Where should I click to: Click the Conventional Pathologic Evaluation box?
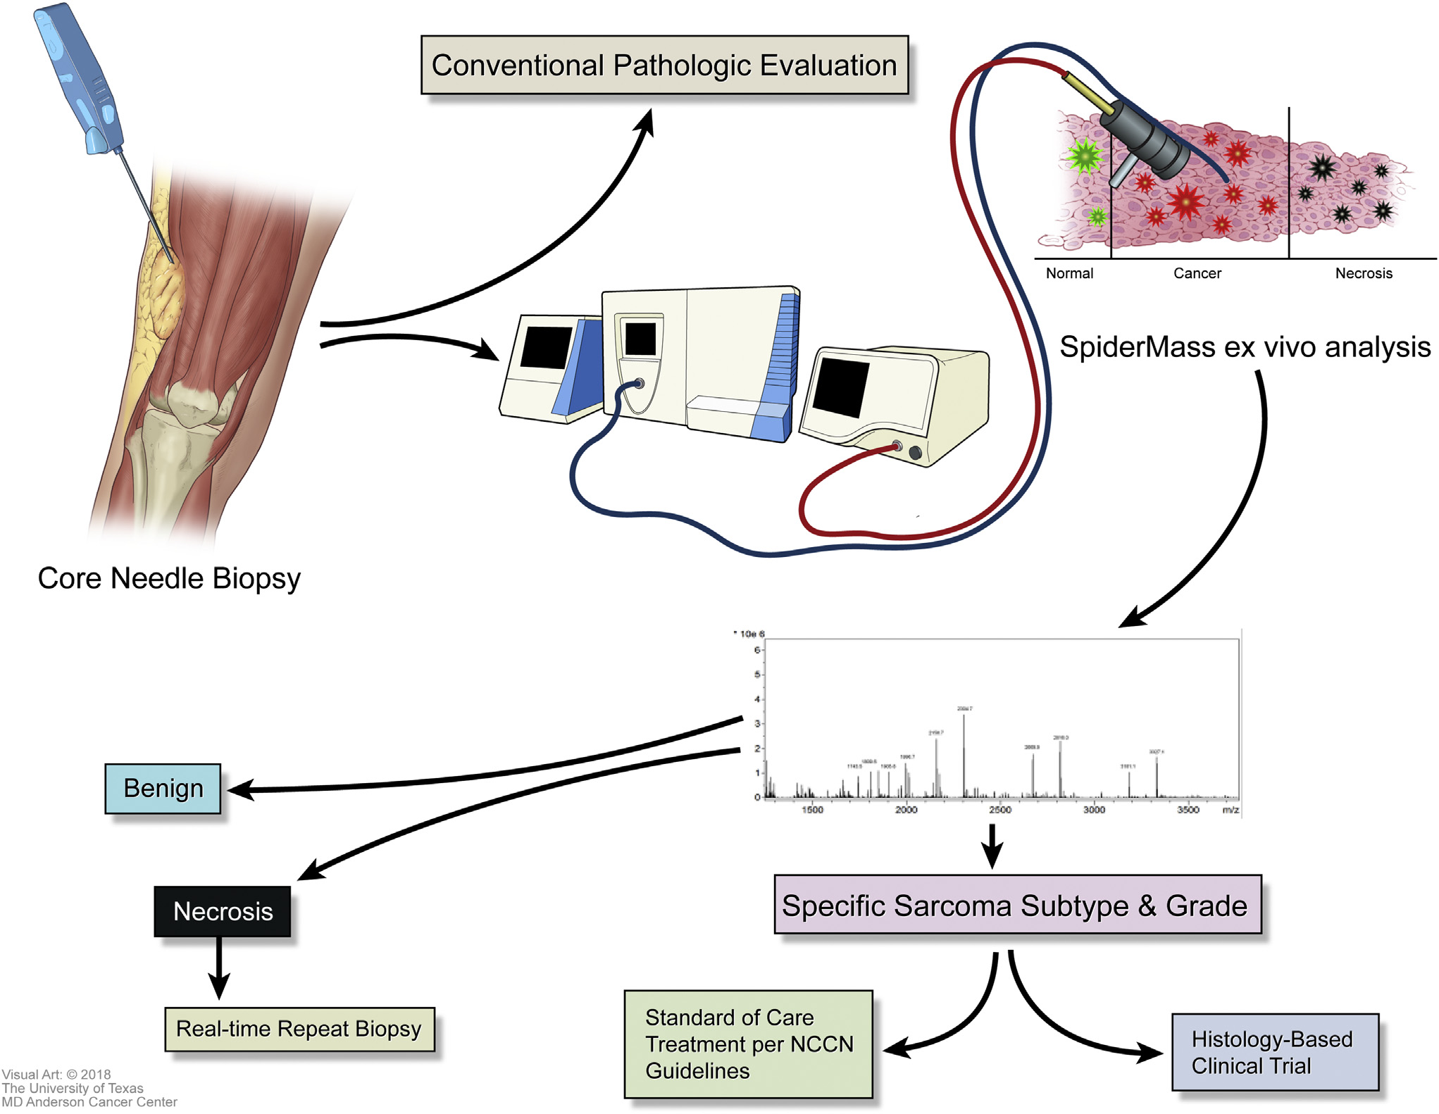coord(664,65)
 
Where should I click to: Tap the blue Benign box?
coord(163,789)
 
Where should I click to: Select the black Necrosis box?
coord(223,911)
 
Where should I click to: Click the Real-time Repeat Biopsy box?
coord(299,1029)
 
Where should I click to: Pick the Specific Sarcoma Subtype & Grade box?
coord(1016,906)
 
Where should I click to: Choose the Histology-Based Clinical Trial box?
coord(1274,1053)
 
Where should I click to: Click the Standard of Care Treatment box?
coord(748,1044)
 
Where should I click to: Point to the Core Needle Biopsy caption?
coord(169,579)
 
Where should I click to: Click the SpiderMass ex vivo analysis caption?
coord(1245,347)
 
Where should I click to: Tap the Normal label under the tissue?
coord(1069,273)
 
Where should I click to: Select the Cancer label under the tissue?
coord(1197,273)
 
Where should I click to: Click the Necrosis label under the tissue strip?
coord(1364,273)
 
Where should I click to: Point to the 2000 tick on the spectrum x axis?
coord(906,811)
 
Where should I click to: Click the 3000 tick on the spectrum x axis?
coord(1094,811)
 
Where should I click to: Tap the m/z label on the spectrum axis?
coord(1231,811)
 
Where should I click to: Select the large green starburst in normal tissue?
coord(1083,156)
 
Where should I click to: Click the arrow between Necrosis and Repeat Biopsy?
coord(219,968)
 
